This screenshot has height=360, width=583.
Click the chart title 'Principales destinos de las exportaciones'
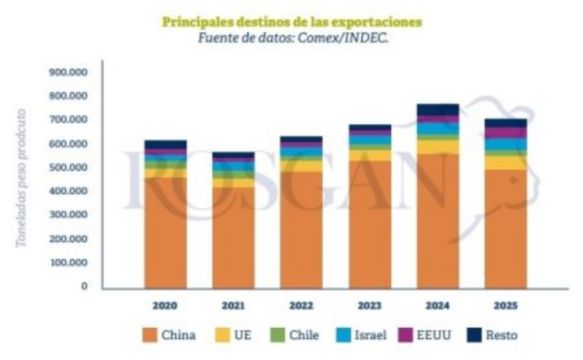pos(291,22)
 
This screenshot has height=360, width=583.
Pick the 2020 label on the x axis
pos(165,305)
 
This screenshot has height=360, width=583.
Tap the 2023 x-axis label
pos(369,305)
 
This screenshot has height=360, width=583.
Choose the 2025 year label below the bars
pos(505,305)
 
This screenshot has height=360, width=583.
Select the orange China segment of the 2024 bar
pos(437,220)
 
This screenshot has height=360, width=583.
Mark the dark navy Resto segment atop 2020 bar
pos(165,144)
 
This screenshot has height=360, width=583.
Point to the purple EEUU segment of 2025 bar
pos(505,133)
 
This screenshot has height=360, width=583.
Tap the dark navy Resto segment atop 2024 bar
pos(437,109)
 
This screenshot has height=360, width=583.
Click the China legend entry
pos(169,335)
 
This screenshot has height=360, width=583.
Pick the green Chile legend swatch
pos(279,335)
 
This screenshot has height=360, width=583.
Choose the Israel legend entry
pos(362,335)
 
